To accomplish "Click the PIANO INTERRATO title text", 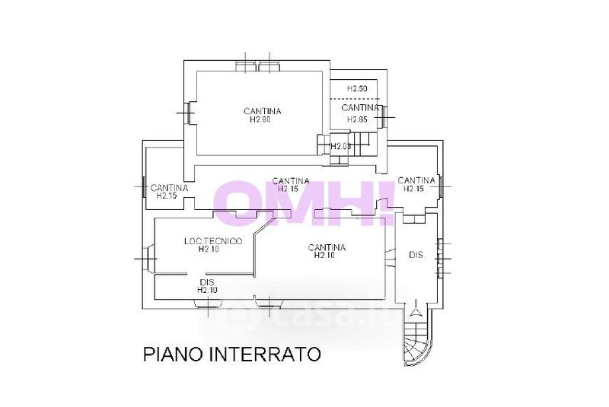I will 232,355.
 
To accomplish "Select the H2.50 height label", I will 358,89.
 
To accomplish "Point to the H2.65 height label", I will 358,119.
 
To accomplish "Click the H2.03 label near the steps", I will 340,146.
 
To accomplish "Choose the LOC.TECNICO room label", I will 213,241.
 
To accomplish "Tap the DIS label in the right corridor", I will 416,256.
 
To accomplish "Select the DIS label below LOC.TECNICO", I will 207,282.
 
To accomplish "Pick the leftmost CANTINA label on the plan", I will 169,188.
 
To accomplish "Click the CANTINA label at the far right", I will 416,180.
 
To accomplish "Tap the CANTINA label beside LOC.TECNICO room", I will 327,247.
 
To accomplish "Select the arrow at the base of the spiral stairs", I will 416,310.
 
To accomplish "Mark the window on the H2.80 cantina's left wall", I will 187,113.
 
